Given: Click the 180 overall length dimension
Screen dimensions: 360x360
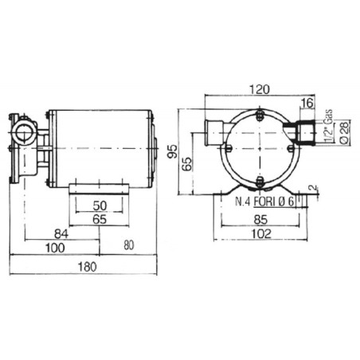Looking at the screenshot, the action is (x=87, y=267).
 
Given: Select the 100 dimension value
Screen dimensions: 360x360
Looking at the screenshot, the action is (x=55, y=248).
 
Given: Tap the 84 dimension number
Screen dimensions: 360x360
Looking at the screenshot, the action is (x=61, y=234).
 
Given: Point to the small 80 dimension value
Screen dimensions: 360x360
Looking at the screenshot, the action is (x=129, y=245).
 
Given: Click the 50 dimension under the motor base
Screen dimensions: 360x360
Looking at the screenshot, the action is (x=100, y=205).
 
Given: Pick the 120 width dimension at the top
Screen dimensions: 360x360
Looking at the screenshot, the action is (x=260, y=89).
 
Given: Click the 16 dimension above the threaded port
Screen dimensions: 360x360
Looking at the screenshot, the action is (x=307, y=103).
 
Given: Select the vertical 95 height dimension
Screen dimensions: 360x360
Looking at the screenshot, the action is (x=173, y=151).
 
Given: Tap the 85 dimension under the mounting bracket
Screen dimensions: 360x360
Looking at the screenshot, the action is (x=260, y=220).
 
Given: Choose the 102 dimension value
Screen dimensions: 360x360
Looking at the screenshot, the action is (x=261, y=234).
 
